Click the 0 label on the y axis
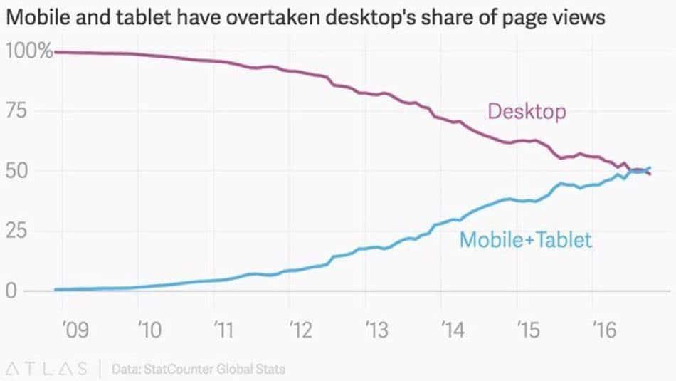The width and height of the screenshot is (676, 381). pyautogui.click(x=11, y=291)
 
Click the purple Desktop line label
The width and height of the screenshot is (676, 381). pyautogui.click(x=527, y=112)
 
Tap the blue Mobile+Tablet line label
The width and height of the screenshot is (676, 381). pyautogui.click(x=525, y=239)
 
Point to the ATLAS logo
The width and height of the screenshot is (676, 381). pyautogui.click(x=46, y=368)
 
